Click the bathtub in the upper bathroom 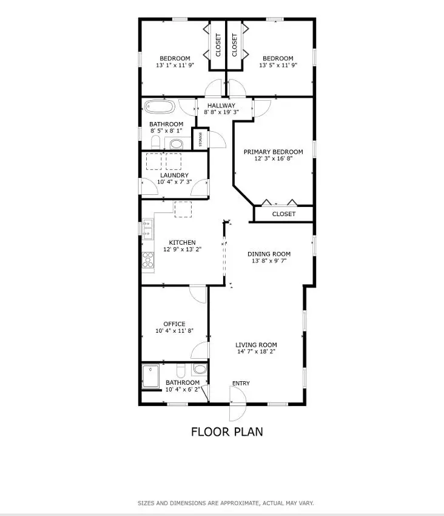[160, 107]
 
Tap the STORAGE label [201, 139]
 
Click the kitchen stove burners [148, 260]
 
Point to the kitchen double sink [148, 231]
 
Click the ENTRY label [241, 383]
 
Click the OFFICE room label [174, 324]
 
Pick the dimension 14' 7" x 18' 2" [256, 352]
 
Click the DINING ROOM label [269, 254]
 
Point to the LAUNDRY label [174, 175]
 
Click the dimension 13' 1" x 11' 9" [175, 66]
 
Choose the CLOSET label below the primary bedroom [283, 214]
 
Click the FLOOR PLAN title [227, 432]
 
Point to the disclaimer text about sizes [226, 503]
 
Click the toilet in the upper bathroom [155, 143]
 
